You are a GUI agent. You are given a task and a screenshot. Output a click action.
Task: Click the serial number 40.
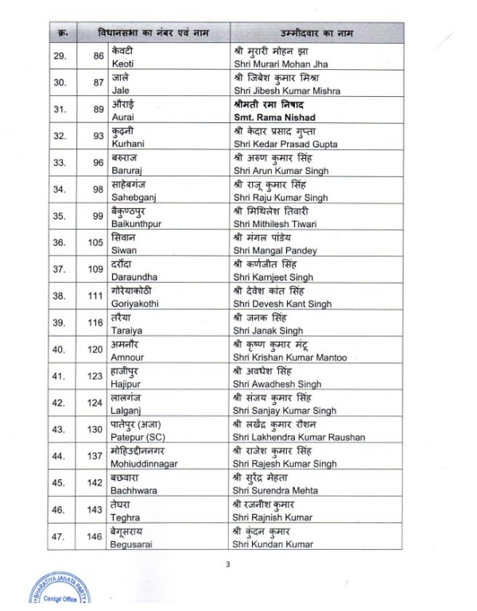click(x=58, y=350)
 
